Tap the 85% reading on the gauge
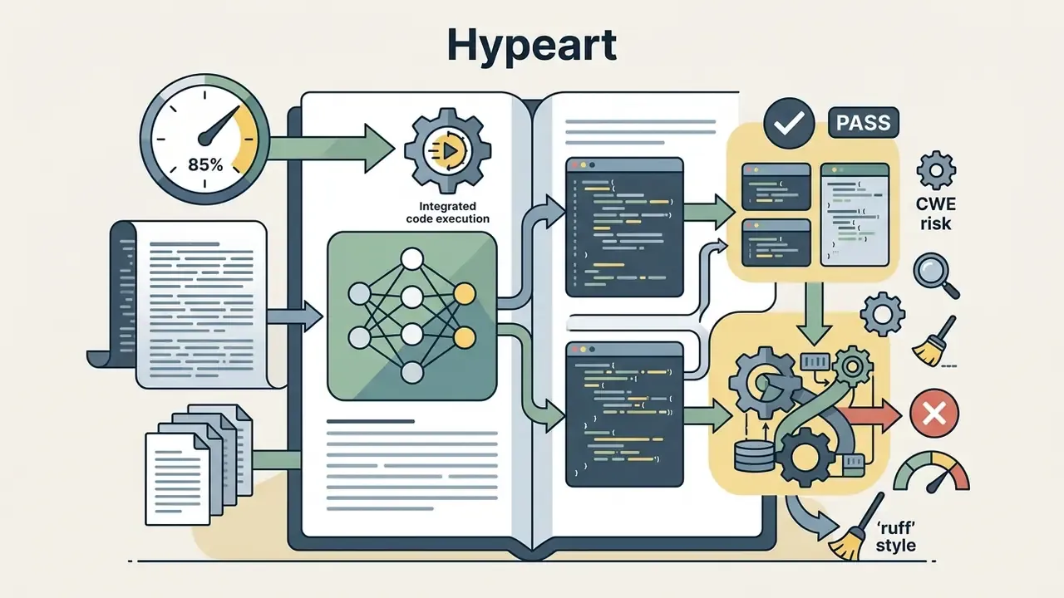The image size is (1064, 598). coord(205,164)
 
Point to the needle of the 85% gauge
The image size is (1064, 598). coord(219,125)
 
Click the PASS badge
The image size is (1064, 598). coord(864,123)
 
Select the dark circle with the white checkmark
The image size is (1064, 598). coord(789,124)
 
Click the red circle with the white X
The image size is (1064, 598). coord(934,413)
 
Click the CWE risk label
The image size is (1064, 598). coord(935,213)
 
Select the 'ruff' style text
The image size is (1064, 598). coord(895,536)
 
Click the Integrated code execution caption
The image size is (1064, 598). coord(447,212)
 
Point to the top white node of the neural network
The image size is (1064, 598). coord(411,259)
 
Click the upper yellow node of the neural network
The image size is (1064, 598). coord(464,294)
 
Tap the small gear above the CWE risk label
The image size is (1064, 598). coord(936,170)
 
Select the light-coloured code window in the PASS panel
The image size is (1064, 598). coord(855,214)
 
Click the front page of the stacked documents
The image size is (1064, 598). coord(178,478)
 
